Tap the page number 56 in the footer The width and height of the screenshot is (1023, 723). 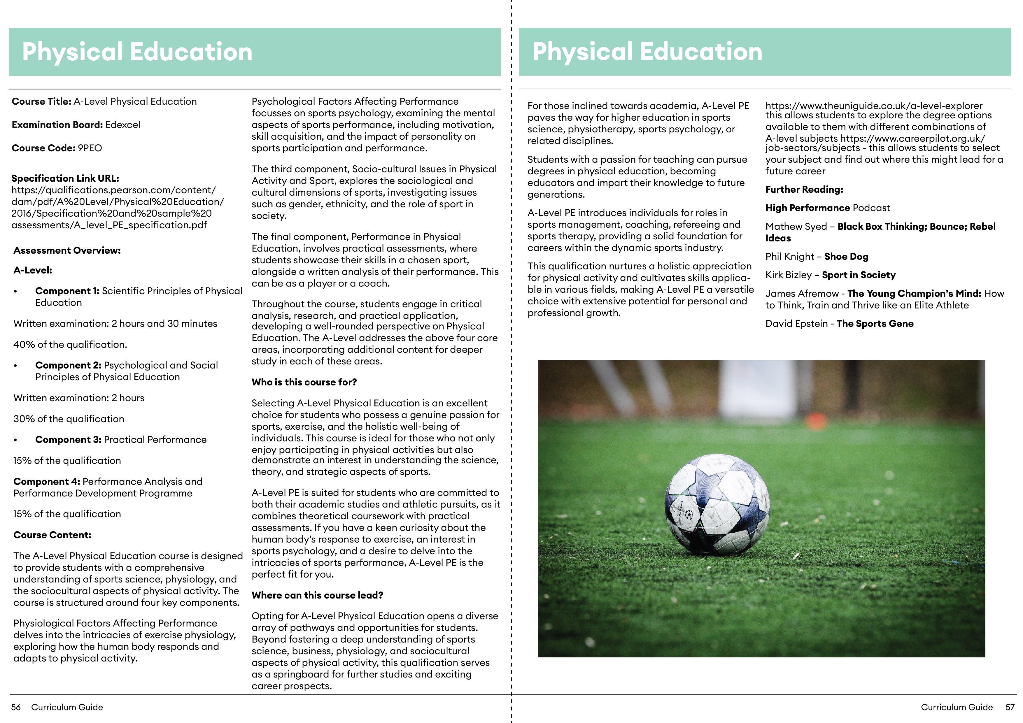[16, 707]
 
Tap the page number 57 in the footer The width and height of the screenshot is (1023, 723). [1010, 707]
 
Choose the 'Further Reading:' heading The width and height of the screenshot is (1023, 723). [804, 189]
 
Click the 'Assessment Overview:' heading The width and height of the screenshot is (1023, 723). [67, 250]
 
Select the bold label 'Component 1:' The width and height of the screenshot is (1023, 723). [67, 291]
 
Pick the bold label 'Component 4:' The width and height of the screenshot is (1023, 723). [47, 482]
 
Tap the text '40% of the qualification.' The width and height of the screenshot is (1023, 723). [70, 344]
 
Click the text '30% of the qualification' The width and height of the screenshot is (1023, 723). [69, 419]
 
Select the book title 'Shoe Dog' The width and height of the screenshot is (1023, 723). [846, 257]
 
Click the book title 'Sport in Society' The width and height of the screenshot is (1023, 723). [858, 275]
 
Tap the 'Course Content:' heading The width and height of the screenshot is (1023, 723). [52, 535]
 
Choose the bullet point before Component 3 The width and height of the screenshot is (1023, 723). [15, 440]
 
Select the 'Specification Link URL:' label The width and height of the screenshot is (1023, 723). [65, 178]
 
